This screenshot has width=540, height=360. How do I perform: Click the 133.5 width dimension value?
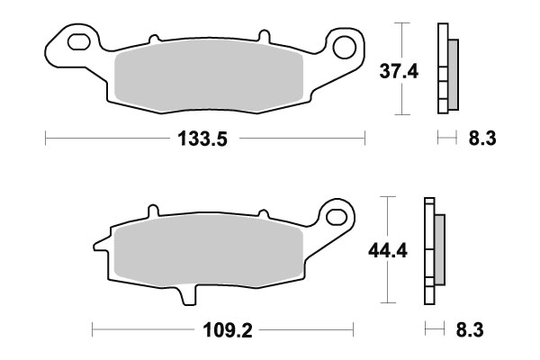pos(203,139)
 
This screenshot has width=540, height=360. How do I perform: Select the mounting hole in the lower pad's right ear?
pos(337,215)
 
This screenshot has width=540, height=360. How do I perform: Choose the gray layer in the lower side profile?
pos(438,247)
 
